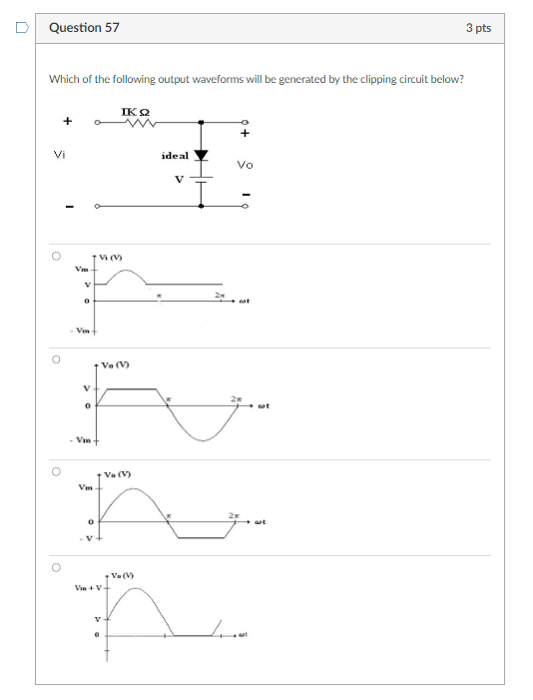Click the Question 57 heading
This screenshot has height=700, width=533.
pos(84,28)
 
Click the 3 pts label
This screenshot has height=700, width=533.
pos(478,28)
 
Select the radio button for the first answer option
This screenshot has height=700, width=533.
pos(57,256)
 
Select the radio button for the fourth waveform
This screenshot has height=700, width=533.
pos(57,567)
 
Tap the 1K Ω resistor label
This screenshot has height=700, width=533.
pos(137,111)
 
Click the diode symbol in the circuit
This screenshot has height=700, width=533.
pos(203,156)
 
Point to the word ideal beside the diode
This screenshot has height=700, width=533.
pos(174,157)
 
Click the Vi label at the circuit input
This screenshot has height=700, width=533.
pos(61,154)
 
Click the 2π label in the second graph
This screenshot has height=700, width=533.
pos(236,399)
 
